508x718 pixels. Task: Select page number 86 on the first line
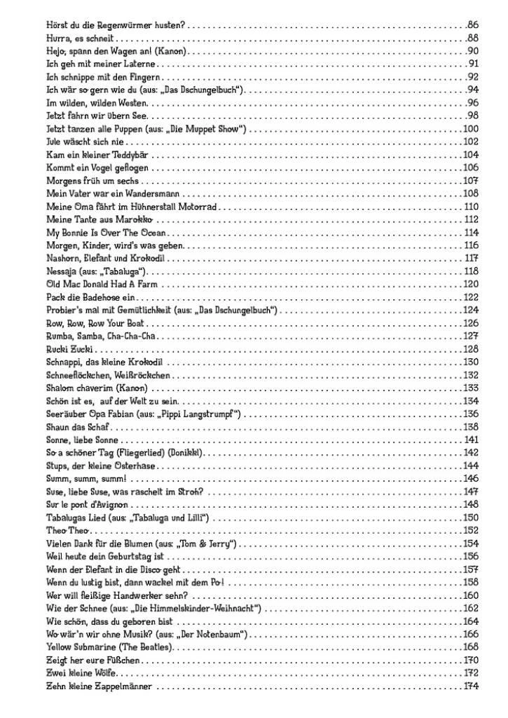(x=472, y=25)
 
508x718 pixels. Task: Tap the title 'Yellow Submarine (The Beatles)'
(x=109, y=646)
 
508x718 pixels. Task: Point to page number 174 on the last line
(x=470, y=686)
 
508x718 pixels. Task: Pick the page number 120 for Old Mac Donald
(x=470, y=284)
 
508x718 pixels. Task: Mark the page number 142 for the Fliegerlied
(x=470, y=453)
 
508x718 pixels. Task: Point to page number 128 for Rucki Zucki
(x=470, y=349)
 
